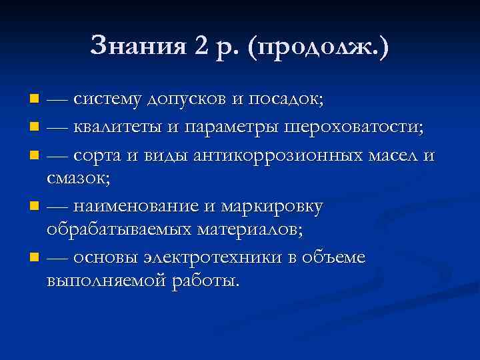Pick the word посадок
286,99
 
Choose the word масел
390,155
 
